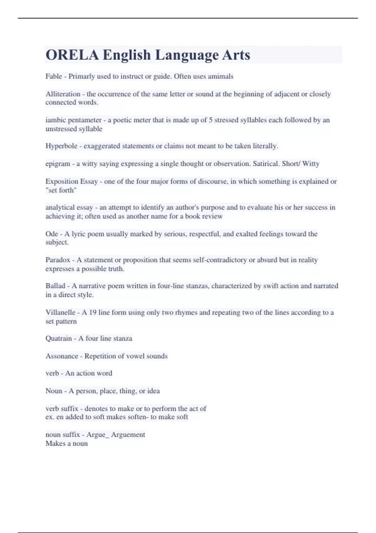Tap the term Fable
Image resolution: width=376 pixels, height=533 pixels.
[x=54, y=76]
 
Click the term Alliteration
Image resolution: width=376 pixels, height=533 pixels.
[x=63, y=94]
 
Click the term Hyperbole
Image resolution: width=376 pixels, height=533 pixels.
[x=61, y=146]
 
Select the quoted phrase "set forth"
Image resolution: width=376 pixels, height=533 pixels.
[x=61, y=190]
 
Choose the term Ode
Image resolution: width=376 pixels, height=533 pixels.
[x=52, y=234]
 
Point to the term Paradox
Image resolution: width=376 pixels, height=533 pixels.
[x=58, y=260]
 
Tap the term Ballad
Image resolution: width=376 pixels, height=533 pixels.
[x=55, y=286]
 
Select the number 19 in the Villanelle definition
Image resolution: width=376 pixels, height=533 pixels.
[x=92, y=313]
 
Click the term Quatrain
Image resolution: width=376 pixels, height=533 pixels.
[x=59, y=339]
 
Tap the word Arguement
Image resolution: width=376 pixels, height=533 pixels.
[x=128, y=435]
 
